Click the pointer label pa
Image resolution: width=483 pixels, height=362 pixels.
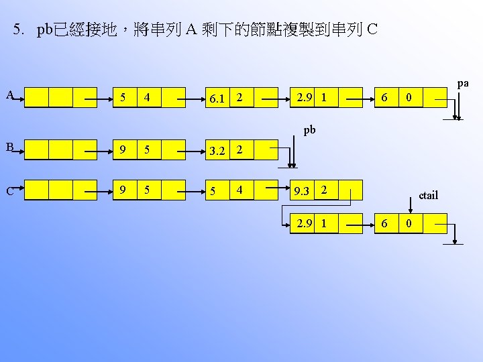click(x=463, y=84)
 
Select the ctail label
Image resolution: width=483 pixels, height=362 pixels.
click(x=427, y=195)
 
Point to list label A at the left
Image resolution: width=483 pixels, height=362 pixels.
click(x=10, y=95)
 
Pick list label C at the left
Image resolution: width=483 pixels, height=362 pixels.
click(x=10, y=190)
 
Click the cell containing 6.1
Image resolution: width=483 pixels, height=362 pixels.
click(x=216, y=99)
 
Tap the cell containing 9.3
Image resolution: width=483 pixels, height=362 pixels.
click(x=301, y=191)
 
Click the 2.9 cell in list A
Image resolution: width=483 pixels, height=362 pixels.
click(x=301, y=98)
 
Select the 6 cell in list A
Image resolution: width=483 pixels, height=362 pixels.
click(x=384, y=98)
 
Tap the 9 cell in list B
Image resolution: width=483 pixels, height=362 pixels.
click(x=121, y=149)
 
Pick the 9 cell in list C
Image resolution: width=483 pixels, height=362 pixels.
click(x=121, y=190)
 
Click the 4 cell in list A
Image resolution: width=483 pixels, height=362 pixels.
click(x=147, y=98)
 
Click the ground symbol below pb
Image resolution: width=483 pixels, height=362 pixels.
click(x=292, y=168)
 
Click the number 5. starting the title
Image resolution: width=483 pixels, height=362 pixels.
click(x=20, y=30)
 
